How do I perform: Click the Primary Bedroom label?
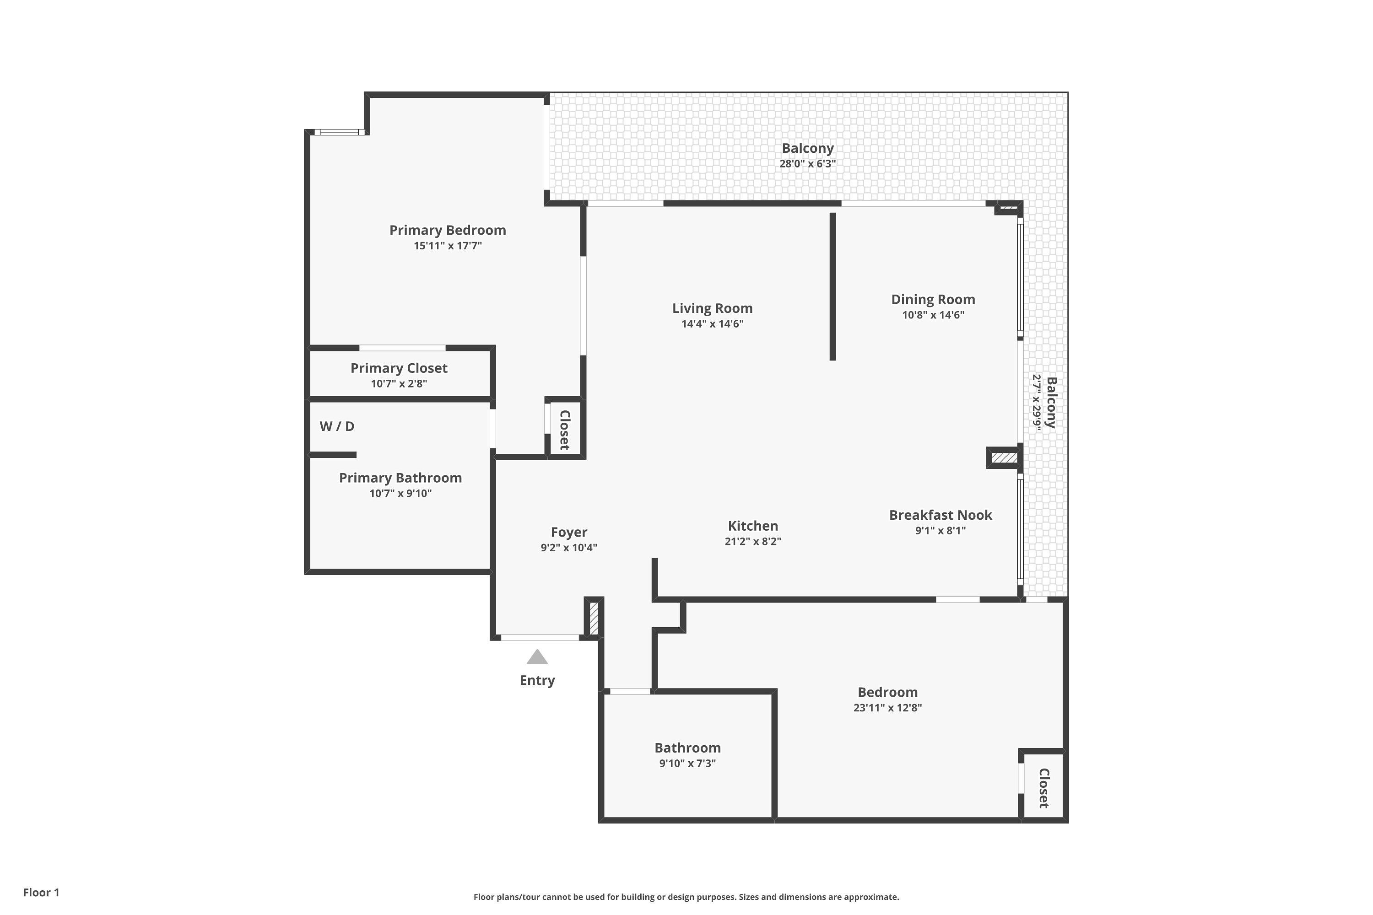[x=447, y=230]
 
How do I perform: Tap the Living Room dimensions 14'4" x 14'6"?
[x=712, y=324]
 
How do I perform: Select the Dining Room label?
[x=933, y=299]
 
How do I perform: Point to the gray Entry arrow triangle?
[x=537, y=658]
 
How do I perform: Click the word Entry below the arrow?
[x=537, y=680]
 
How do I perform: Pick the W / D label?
[x=337, y=426]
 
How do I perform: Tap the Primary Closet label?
[x=399, y=368]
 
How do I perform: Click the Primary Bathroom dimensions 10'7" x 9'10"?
[x=400, y=494]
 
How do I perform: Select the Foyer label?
[x=568, y=532]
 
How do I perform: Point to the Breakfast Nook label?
[x=941, y=515]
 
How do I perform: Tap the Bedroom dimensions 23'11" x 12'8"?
[x=887, y=708]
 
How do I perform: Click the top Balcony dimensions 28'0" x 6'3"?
[x=807, y=164]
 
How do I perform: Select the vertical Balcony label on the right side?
[x=1051, y=403]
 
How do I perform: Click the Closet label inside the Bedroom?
[x=1044, y=788]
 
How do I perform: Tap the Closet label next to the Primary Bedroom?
[x=564, y=430]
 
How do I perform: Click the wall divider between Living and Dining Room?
[x=833, y=286]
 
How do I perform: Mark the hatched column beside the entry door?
[x=594, y=619]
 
